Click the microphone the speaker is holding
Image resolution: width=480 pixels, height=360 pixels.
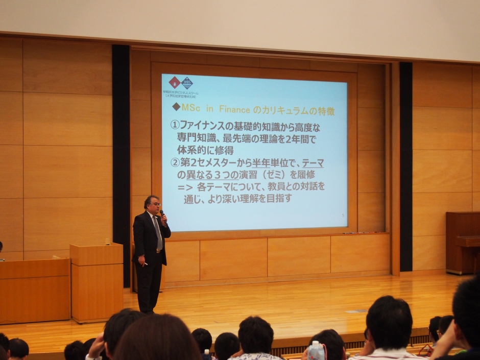pos(162,213)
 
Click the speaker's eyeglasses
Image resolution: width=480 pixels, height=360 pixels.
pos(155,204)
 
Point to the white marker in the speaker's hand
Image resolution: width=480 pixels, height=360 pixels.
pos(146,264)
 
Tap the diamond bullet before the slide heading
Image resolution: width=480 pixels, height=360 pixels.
pos(176,107)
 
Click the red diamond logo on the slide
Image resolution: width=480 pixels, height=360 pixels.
pos(175,82)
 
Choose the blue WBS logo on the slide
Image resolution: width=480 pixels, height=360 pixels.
pos(187,83)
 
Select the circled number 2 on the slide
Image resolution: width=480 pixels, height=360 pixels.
pos(175,163)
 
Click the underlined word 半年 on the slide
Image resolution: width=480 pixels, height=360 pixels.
pos(260,163)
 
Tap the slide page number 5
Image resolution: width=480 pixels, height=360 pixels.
pos(343,216)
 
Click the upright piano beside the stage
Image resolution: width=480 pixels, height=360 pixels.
pos(463,243)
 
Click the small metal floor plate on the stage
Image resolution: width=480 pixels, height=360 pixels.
pos(356,310)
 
